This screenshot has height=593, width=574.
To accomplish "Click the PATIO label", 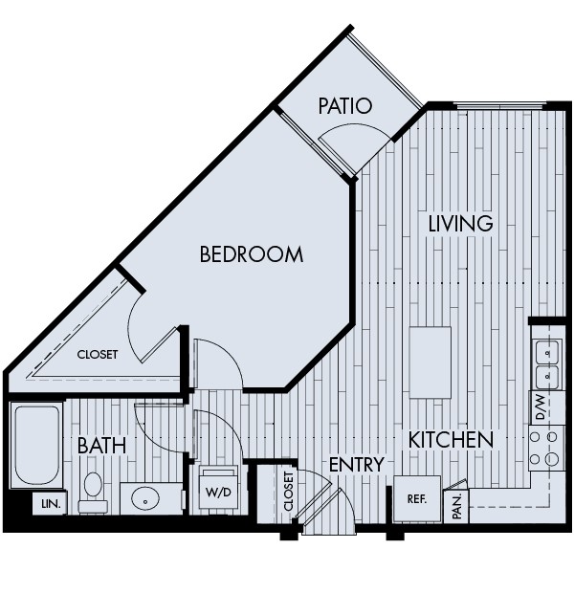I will (x=345, y=105).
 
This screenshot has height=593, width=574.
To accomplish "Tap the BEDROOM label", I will (x=252, y=254).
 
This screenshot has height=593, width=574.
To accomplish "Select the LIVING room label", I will (x=460, y=224).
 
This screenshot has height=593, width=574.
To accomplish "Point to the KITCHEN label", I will (x=452, y=440).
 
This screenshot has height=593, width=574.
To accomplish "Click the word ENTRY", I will (x=356, y=465).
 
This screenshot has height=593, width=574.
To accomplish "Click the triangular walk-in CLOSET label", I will (x=98, y=354).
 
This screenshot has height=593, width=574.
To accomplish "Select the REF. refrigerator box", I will (x=416, y=498).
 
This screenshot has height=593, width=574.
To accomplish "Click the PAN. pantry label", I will (x=457, y=504).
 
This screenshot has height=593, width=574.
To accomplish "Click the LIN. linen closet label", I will (x=48, y=503).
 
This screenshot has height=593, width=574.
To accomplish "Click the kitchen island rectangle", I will (x=430, y=362).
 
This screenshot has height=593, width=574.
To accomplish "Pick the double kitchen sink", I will (x=546, y=364).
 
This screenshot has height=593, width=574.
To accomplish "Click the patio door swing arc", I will (x=356, y=144).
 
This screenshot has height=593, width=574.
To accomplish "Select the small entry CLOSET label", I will (x=290, y=494).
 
